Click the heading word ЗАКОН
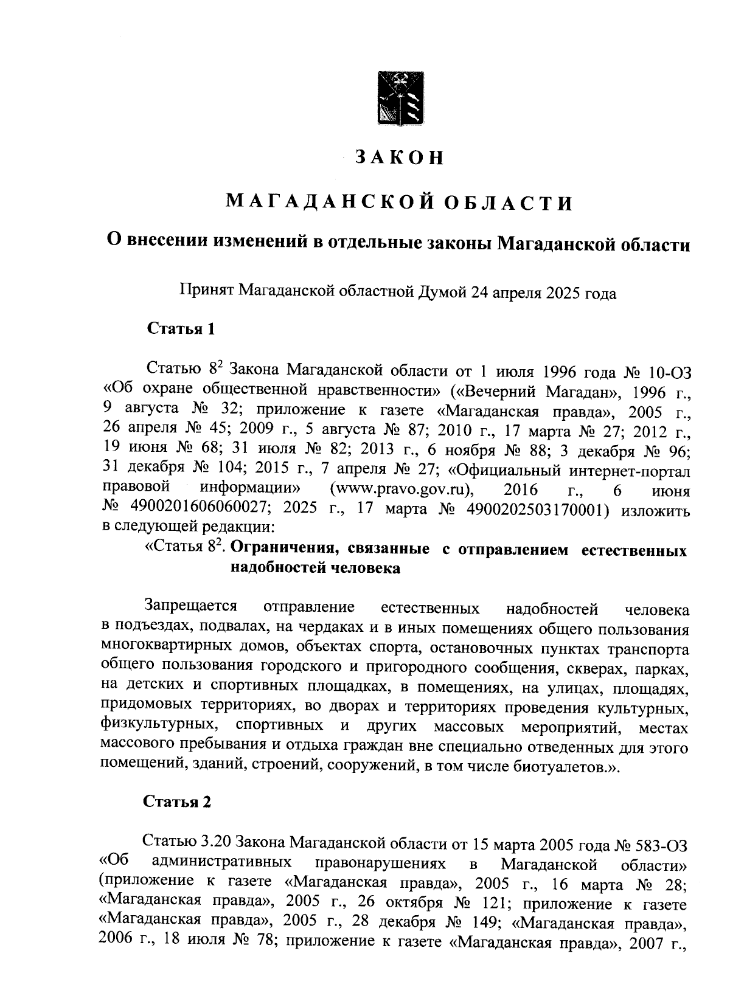[x=400, y=157]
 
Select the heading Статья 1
[x=181, y=329]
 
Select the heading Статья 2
[x=177, y=801]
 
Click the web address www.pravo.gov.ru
[x=402, y=490]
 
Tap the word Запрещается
[x=190, y=607]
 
